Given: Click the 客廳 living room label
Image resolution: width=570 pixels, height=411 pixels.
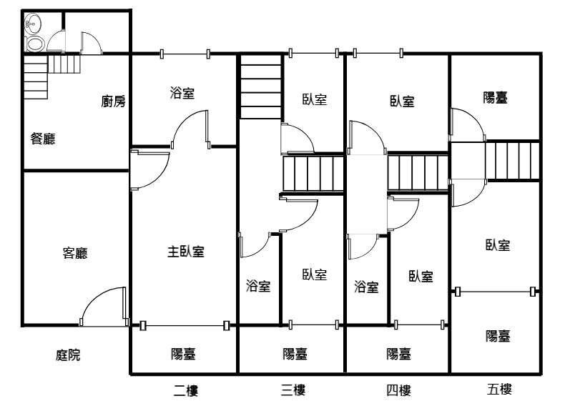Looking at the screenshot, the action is [x=75, y=253].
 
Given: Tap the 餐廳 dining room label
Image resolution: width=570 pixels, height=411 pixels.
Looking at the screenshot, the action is [x=43, y=139].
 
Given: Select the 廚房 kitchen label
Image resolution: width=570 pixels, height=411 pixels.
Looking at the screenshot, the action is [x=114, y=101].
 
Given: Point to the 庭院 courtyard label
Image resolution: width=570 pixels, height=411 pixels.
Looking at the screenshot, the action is [x=68, y=355].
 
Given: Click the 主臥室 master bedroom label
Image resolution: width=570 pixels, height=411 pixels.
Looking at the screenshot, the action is [x=186, y=252].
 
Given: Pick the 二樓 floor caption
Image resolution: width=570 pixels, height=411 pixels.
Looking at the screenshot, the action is [x=186, y=391].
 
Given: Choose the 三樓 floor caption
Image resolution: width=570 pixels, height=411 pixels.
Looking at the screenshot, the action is [x=293, y=390].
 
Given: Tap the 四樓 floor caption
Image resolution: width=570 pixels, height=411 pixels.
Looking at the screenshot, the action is [x=399, y=391].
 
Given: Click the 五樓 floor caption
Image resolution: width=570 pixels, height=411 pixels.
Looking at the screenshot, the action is [x=499, y=390].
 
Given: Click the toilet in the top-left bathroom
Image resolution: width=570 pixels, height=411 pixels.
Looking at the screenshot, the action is [x=35, y=44].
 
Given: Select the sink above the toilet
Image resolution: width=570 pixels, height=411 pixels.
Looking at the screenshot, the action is [x=33, y=24].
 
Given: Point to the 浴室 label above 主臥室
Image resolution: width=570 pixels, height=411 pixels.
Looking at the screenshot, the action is [x=182, y=93].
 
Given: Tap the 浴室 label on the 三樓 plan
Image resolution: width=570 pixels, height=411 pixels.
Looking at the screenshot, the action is [x=258, y=286].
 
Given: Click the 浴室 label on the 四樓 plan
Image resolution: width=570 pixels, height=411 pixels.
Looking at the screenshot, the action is [x=366, y=287].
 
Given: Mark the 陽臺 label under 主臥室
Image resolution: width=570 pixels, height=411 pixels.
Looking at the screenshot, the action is [x=183, y=354].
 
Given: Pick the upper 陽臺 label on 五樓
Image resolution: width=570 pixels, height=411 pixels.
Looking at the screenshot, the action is [x=495, y=97].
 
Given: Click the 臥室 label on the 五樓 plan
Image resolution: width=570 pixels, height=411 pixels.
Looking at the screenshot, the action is [x=498, y=245].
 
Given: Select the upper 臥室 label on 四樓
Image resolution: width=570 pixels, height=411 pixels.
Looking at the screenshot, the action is [x=402, y=101].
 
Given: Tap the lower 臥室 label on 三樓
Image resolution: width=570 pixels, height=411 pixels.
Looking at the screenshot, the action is [x=315, y=274].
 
